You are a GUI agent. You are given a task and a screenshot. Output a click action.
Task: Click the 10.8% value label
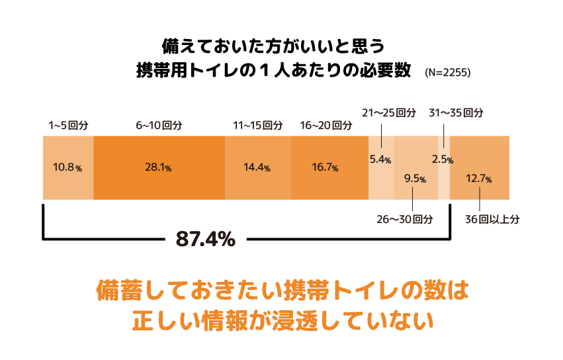click(x=67, y=168)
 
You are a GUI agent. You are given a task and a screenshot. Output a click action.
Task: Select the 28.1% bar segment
click(x=159, y=168)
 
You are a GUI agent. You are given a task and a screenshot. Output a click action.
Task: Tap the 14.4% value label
click(x=257, y=168)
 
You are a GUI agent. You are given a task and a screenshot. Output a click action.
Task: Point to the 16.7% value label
click(x=325, y=168)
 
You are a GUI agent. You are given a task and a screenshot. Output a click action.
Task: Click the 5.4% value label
click(x=380, y=159)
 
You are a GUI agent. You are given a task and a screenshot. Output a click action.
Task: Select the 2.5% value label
click(x=442, y=159)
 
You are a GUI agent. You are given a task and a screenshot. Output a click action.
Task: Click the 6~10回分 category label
click(x=159, y=124)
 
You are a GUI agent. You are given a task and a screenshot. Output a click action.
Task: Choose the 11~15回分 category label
click(x=257, y=124)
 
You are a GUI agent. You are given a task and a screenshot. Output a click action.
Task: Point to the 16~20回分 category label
click(x=325, y=124)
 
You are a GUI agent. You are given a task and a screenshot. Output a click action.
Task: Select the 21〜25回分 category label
click(x=389, y=112)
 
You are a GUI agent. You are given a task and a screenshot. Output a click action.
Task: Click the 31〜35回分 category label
click(x=456, y=112)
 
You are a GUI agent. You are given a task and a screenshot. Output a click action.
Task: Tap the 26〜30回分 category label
click(x=405, y=219)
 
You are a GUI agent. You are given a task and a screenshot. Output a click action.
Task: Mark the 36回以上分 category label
click(x=492, y=219)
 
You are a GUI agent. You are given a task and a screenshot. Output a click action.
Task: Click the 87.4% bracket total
click(x=205, y=239)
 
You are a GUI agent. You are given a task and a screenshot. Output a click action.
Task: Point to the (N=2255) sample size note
click(x=447, y=73)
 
